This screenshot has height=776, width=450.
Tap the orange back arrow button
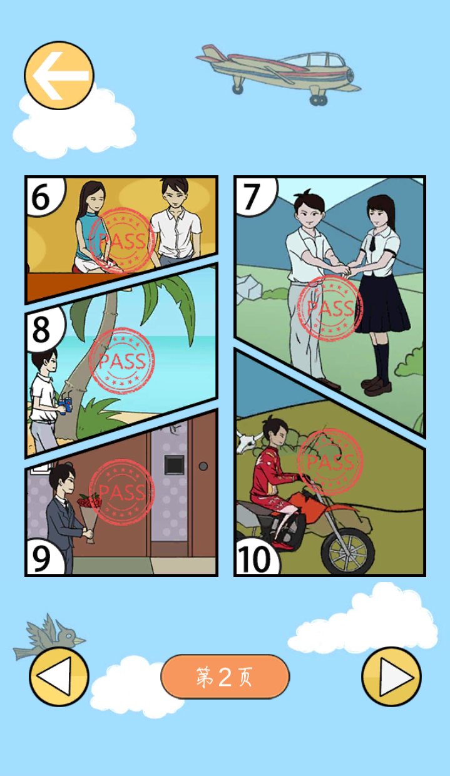(59, 75)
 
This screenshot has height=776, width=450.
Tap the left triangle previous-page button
(59, 676)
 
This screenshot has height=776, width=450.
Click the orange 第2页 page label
(225, 676)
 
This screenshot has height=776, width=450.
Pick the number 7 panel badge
(255, 197)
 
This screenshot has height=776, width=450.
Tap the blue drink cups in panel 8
(66, 406)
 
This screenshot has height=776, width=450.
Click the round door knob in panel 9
(203, 466)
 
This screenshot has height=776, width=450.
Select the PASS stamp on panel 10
(330, 461)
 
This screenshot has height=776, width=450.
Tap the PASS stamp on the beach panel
(121, 360)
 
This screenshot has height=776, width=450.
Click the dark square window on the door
(174, 464)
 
